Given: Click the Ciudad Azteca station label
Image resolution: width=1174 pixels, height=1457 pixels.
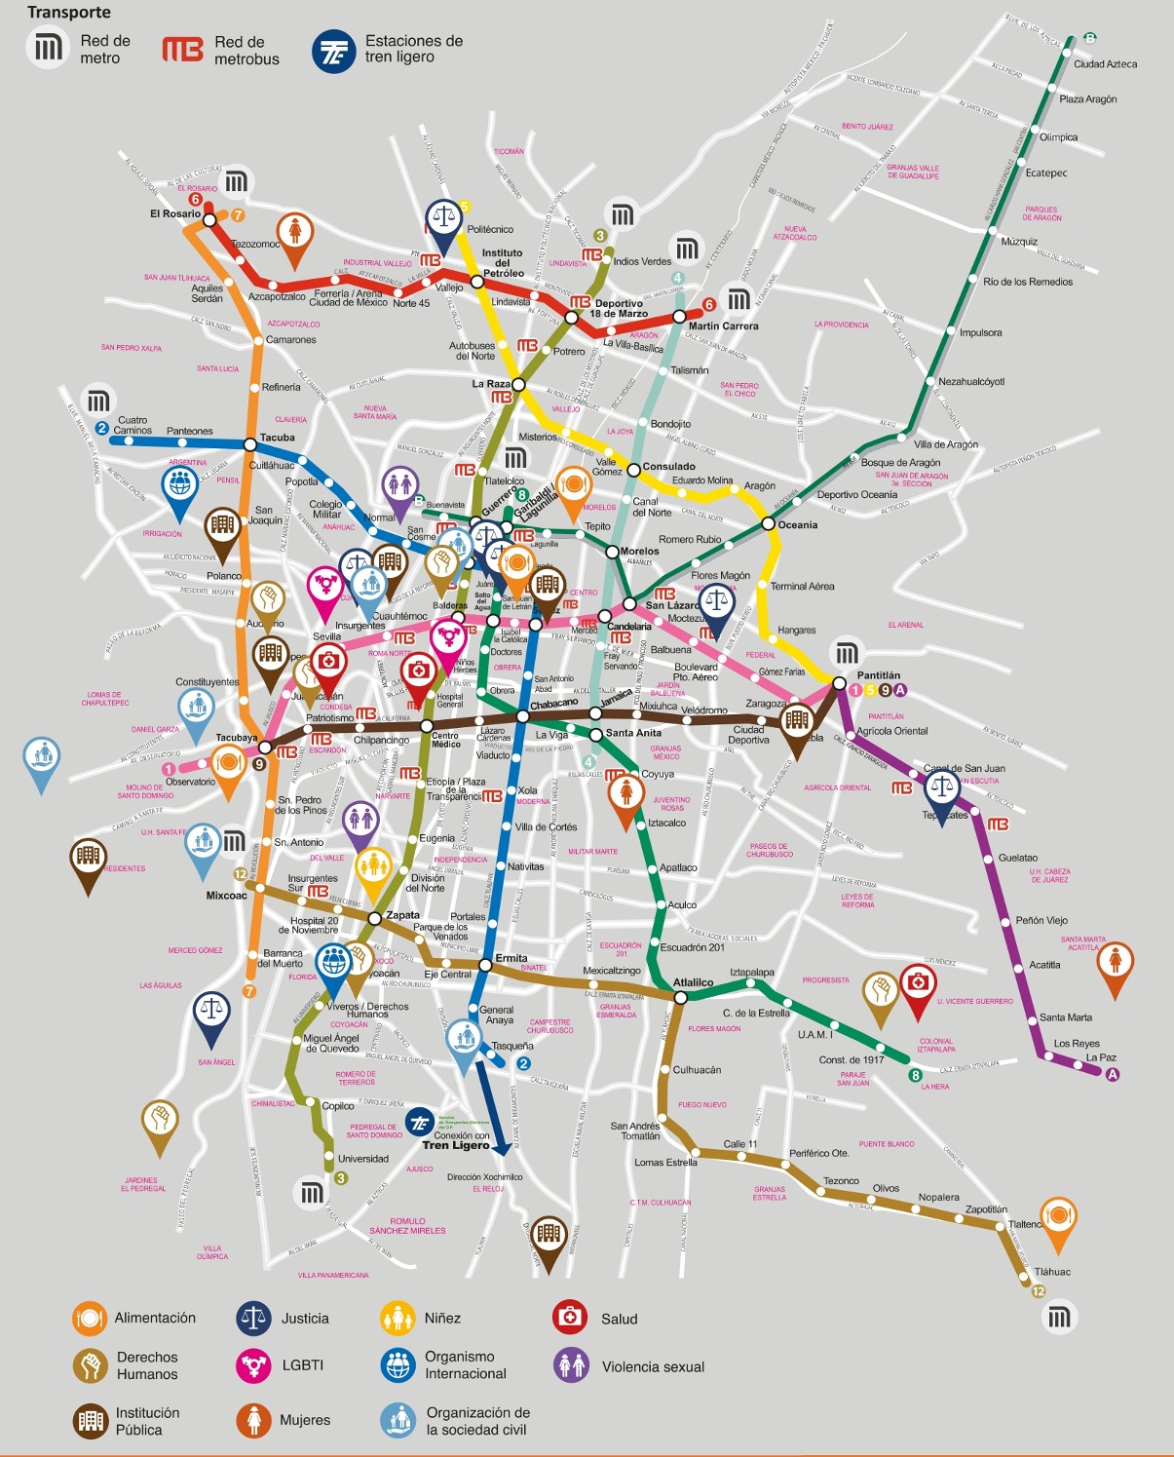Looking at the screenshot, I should coord(1105,64).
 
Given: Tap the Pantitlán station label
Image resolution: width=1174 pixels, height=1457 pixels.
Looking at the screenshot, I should coord(878,675).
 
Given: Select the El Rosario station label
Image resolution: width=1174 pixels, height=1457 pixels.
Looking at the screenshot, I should coord(175,213).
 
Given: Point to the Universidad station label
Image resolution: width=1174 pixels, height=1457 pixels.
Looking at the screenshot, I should coord(362,1159).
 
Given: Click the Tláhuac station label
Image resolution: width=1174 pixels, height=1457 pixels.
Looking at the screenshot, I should coord(1052,1272).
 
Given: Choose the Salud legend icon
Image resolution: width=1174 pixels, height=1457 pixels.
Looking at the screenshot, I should coord(569,1318).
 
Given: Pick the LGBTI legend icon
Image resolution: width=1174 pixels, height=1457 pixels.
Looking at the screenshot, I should coord(253,1365).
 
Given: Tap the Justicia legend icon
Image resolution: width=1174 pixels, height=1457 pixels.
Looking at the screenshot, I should coord(253,1318).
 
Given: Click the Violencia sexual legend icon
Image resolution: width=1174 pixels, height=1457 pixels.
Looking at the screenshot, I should coord(572,1365).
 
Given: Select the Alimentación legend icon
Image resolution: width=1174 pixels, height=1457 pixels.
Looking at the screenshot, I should coord(90,1318).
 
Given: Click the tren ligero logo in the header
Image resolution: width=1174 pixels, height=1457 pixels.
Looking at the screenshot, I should coord(333,51).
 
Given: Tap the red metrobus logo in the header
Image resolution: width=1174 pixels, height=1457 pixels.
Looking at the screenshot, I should coord(182,50).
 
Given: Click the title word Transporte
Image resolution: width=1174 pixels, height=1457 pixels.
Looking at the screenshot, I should coord(69,13).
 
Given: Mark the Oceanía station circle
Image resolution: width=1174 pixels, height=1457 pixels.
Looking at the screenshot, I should coord(768,524).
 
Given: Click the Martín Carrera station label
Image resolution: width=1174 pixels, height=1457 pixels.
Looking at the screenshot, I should coord(723,326).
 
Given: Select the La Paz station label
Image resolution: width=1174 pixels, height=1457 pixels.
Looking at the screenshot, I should coord(1101,1057).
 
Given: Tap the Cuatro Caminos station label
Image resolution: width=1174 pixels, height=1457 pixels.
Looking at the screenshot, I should coord(133,425).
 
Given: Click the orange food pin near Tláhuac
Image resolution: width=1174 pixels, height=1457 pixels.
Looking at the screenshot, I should coord(1058,1219).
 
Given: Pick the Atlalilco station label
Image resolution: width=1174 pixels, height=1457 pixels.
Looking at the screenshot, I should coord(693,982).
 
